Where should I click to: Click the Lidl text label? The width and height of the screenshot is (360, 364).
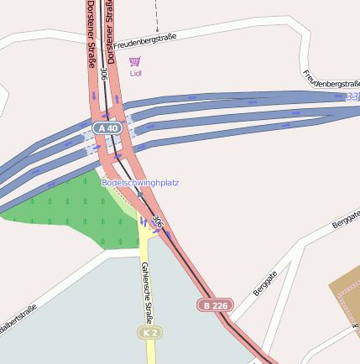click(x=136, y=73)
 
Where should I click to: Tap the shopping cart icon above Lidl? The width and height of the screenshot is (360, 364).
click(x=135, y=61)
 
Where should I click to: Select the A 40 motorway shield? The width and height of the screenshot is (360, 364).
click(x=107, y=127)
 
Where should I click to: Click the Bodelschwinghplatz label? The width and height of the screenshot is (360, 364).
click(x=140, y=182)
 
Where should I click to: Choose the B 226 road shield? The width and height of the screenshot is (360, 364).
click(x=214, y=305)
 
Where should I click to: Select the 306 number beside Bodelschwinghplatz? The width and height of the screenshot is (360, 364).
click(x=157, y=221)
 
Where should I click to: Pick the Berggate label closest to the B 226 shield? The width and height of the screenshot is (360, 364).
click(x=264, y=283)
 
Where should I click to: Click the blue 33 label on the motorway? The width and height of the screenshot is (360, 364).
click(x=352, y=98)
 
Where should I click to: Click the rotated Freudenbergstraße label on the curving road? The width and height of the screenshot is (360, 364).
click(x=331, y=80)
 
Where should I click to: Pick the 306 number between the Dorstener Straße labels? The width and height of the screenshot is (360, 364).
click(x=103, y=74)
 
